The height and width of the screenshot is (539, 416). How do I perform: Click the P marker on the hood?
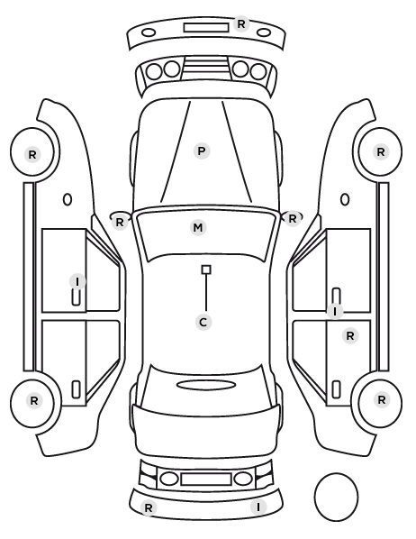[x=202, y=151]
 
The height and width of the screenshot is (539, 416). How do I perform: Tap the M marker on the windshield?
[x=198, y=227]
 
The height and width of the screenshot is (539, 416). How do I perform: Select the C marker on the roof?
[x=203, y=323]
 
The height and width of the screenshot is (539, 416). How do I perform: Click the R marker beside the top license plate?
[x=241, y=24]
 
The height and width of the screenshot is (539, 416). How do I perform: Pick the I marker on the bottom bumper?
[x=258, y=507]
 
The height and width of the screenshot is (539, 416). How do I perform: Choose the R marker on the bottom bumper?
[x=149, y=507]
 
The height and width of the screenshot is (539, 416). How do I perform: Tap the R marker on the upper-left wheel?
[x=32, y=155]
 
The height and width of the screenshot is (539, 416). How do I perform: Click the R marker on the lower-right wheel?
[x=382, y=400]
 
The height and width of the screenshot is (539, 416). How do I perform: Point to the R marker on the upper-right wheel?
[x=381, y=152]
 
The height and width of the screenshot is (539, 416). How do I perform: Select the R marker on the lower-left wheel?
[x=34, y=400]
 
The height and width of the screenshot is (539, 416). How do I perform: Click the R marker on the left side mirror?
[x=120, y=223]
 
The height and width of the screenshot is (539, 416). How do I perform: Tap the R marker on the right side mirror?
[x=293, y=219]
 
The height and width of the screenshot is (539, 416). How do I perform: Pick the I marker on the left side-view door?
[x=77, y=281]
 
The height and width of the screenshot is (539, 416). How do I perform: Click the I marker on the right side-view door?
[x=335, y=312]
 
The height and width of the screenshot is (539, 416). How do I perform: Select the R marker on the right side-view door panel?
[x=350, y=336]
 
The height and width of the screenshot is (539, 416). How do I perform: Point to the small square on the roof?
[x=206, y=269]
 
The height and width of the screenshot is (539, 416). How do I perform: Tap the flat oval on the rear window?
[x=206, y=385]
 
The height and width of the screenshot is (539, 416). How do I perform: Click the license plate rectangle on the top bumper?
[x=206, y=28]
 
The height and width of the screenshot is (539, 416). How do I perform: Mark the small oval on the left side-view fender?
[x=68, y=199]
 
